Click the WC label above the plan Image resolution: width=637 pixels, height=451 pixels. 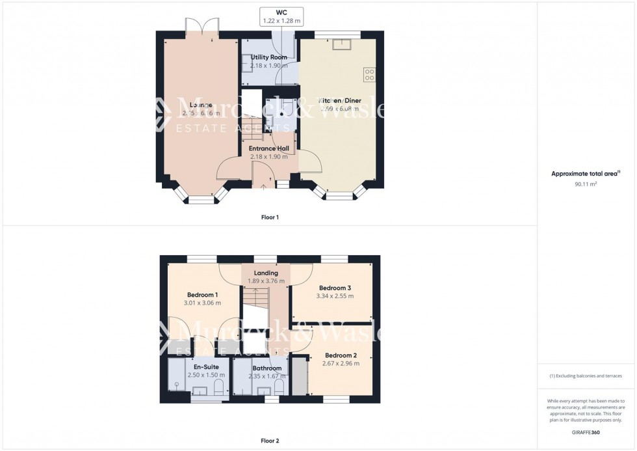point(281,12)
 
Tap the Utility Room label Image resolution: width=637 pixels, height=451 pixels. point(268,57)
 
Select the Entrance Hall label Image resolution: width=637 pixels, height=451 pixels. point(268,148)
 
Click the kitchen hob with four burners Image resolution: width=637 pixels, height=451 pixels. point(369,75)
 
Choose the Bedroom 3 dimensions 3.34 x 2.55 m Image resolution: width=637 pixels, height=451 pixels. point(336,296)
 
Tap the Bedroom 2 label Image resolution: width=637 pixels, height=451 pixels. point(341,355)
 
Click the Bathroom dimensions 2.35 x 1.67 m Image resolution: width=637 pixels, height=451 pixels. point(266,376)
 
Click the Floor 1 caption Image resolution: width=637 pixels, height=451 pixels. point(265,217)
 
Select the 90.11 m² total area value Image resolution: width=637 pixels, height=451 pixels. point(586,184)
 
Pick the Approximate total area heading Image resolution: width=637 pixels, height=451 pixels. point(584,174)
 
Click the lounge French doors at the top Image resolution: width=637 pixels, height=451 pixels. point(201,27)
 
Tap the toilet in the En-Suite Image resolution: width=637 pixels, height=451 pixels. point(218,388)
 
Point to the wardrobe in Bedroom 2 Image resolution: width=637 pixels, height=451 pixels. point(300,376)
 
